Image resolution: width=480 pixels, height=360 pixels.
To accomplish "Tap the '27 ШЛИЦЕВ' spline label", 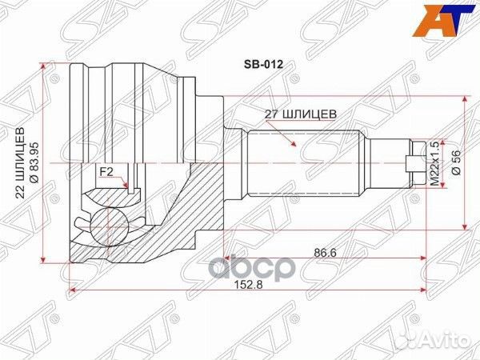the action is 301,114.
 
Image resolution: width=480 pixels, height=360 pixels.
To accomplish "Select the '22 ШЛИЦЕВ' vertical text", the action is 20,163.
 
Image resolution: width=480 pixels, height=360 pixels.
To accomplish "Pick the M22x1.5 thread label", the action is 435,163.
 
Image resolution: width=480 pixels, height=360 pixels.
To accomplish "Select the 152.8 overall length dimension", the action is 248,285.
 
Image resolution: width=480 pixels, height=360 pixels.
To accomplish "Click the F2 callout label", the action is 106,172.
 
